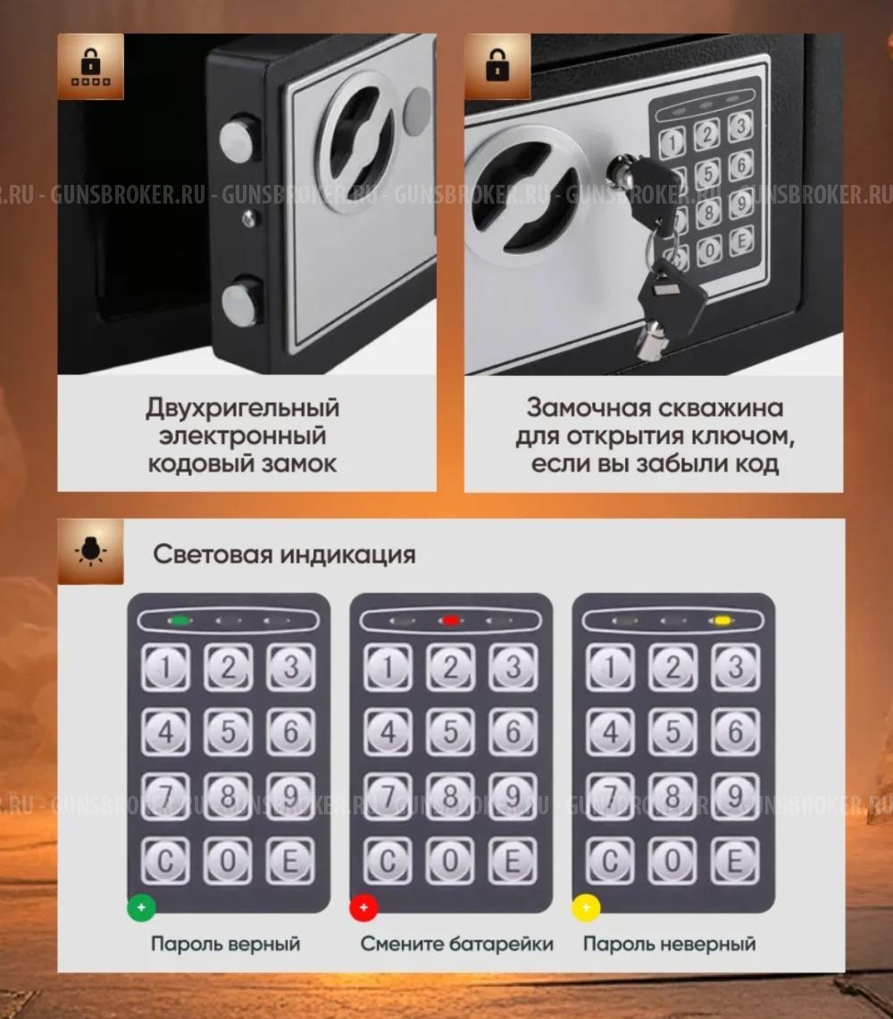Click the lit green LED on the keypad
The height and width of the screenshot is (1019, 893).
point(179,620)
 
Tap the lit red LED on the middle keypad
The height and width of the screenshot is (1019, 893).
point(450,620)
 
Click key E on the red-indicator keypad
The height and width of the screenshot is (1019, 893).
point(512,861)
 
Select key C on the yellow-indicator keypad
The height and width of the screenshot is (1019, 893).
point(610,861)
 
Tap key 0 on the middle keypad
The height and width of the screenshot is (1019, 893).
point(451,861)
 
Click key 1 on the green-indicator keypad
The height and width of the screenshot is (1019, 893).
point(166,667)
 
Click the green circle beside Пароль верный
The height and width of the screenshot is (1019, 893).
point(141,908)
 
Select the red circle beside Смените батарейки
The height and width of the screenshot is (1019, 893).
point(363,908)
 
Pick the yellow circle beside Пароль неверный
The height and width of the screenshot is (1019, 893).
point(586,908)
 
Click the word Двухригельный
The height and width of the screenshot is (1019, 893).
point(243,408)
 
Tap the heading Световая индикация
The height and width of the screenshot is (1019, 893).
point(284,554)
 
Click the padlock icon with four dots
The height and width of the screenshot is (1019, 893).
point(91,67)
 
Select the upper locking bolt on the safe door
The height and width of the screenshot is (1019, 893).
point(238,140)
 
